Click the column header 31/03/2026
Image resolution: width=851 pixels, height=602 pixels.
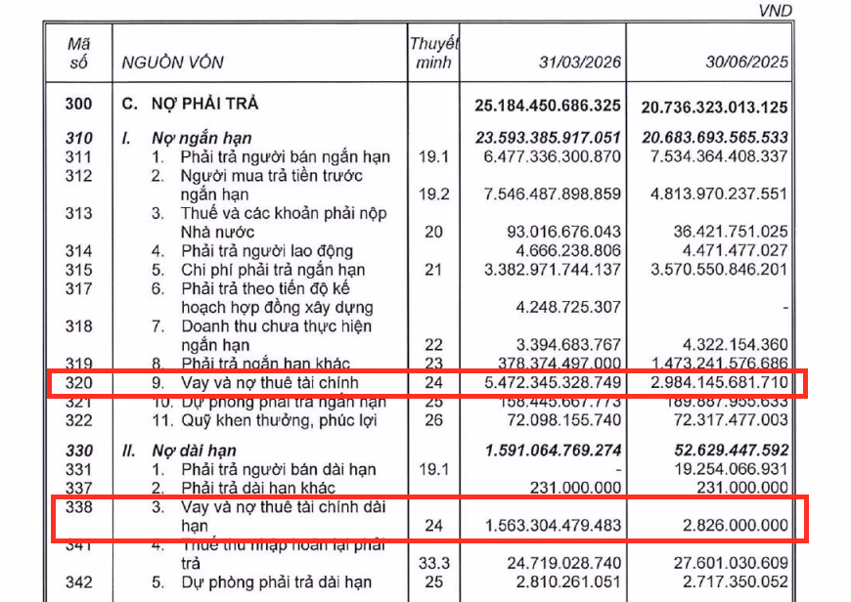(580, 64)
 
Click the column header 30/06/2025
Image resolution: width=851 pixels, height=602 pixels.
(746, 64)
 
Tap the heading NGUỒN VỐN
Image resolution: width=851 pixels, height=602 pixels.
(172, 64)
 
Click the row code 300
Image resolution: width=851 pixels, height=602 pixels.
(78, 104)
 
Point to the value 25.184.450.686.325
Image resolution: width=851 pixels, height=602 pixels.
(547, 105)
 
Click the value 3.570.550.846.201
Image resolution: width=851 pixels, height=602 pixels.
(720, 270)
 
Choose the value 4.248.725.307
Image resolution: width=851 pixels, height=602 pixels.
(565, 307)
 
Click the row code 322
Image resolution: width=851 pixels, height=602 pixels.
(78, 420)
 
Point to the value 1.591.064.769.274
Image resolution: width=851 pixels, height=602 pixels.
(553, 451)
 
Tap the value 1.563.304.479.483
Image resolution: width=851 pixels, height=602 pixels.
(553, 526)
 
